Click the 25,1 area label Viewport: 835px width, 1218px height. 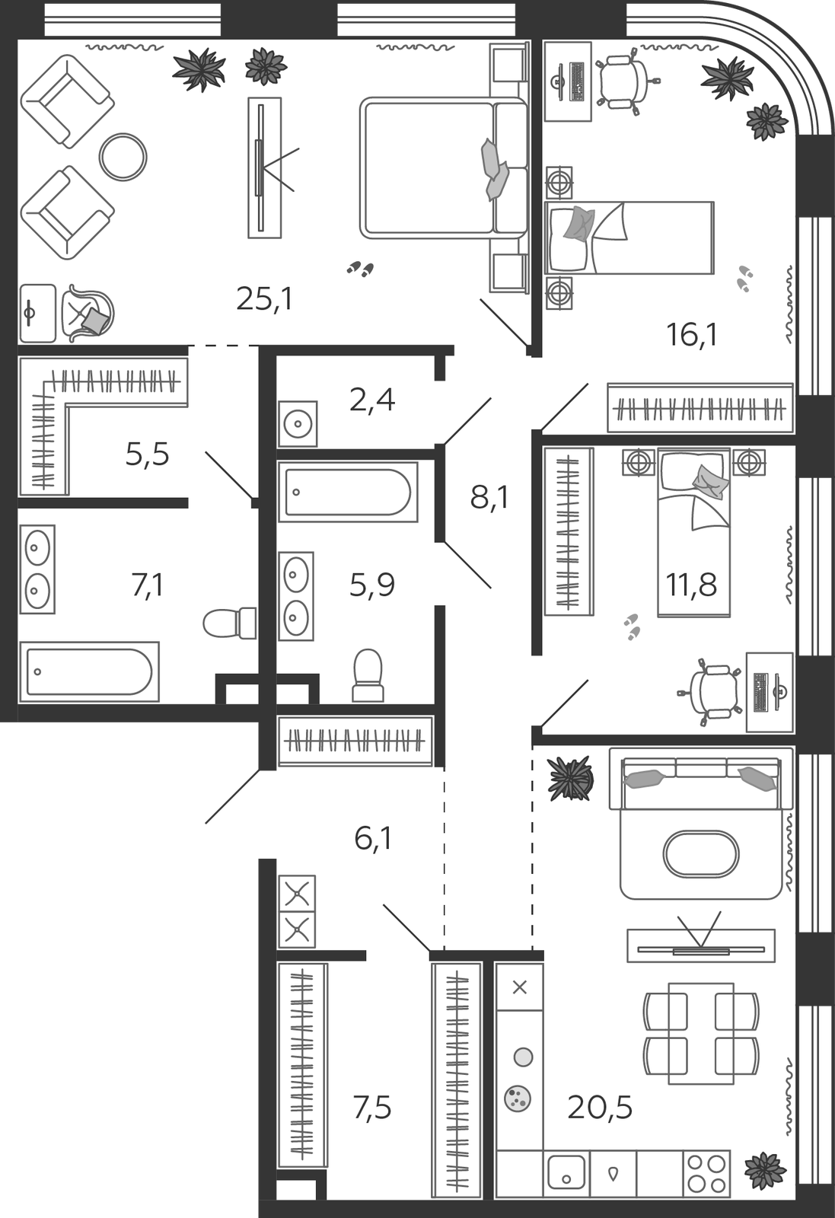pos(265,299)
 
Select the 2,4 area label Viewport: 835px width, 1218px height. pos(372,400)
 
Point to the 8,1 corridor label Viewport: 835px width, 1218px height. pos(489,497)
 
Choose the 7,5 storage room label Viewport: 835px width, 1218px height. pos(372,1108)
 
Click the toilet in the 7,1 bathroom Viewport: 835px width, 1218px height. pos(229,623)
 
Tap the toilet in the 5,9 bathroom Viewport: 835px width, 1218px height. pos(368,674)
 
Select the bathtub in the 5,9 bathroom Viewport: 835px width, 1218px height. pos(348,492)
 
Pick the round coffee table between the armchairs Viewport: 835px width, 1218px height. pos(123,157)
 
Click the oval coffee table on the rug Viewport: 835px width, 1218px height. pos(701,853)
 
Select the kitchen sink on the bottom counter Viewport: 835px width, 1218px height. pos(566,1173)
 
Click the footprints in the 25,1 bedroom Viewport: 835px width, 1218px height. pos(361,268)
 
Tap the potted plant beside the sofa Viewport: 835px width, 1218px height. pos(570,779)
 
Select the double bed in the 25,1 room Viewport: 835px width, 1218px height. pos(444,167)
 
